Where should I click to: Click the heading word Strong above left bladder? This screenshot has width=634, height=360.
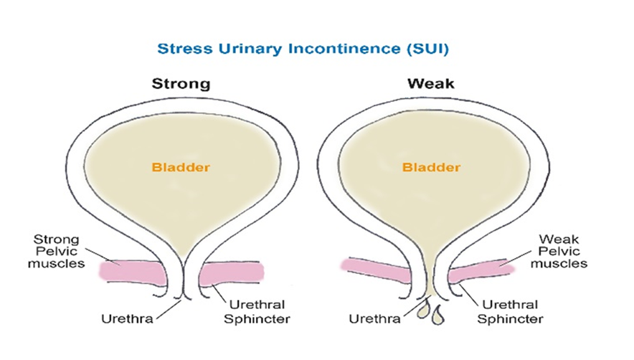pyautogui.click(x=181, y=84)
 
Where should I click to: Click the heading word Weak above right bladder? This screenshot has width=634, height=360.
pyautogui.click(x=431, y=84)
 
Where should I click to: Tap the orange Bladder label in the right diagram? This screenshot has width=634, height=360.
pyautogui.click(x=431, y=168)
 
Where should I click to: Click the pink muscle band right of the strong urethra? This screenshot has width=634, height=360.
pyautogui.click(x=231, y=273)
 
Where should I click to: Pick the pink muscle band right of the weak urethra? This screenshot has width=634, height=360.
pyautogui.click(x=481, y=273)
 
